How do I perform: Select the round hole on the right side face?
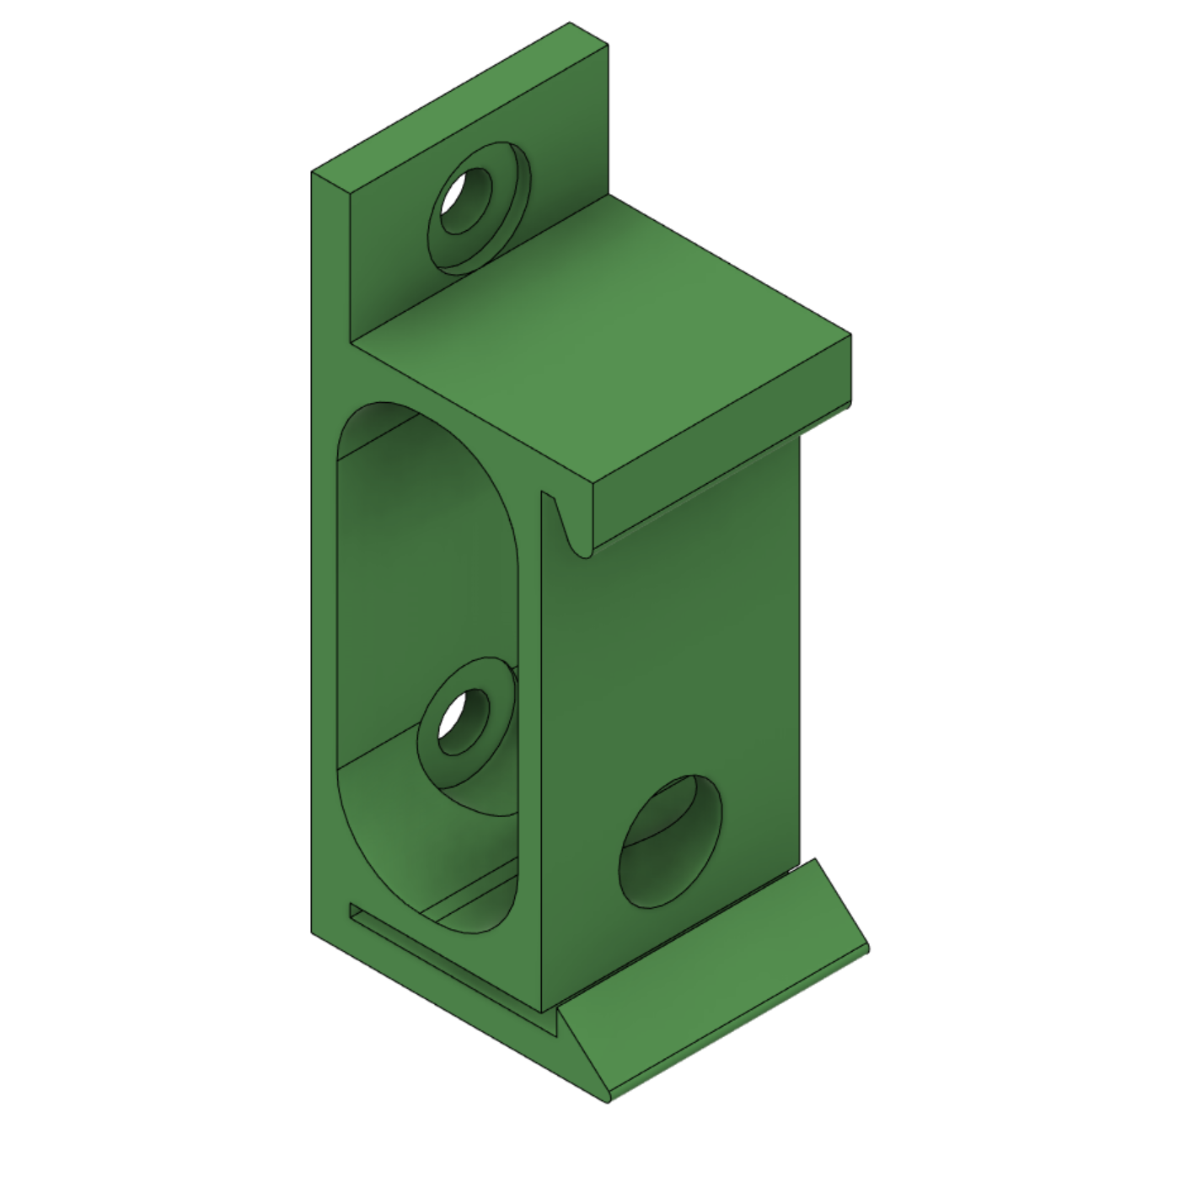click(x=671, y=841)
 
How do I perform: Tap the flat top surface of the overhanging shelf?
click(x=607, y=337)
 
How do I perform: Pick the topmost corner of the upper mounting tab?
click(x=571, y=23)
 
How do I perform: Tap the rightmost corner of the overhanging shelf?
click(x=850, y=336)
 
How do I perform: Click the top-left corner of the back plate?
click(x=313, y=172)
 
